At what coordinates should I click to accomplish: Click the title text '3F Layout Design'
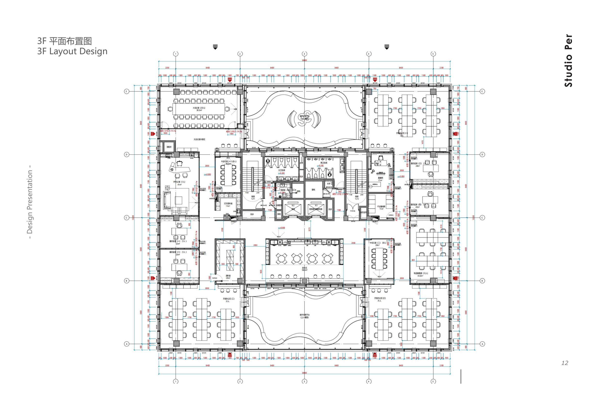click(x=72, y=51)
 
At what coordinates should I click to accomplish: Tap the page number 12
click(x=565, y=363)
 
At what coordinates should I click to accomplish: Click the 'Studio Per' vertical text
click(x=568, y=61)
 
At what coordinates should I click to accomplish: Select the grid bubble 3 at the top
click(x=304, y=54)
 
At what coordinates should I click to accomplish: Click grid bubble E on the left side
click(x=127, y=91)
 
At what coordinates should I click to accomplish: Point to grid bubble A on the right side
click(x=482, y=344)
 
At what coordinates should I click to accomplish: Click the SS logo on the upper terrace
click(x=304, y=119)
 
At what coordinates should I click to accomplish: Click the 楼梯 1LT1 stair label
click(x=253, y=198)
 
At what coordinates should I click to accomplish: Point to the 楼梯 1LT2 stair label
click(x=357, y=198)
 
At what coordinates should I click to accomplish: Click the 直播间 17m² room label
click(x=380, y=179)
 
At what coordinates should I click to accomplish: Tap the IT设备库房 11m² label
click(x=381, y=208)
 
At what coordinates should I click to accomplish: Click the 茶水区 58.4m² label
click(x=304, y=269)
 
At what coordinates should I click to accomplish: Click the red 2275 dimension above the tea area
click(x=310, y=229)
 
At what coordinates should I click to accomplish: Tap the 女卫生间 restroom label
click(x=282, y=170)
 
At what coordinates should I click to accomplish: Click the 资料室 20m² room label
click(x=228, y=277)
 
